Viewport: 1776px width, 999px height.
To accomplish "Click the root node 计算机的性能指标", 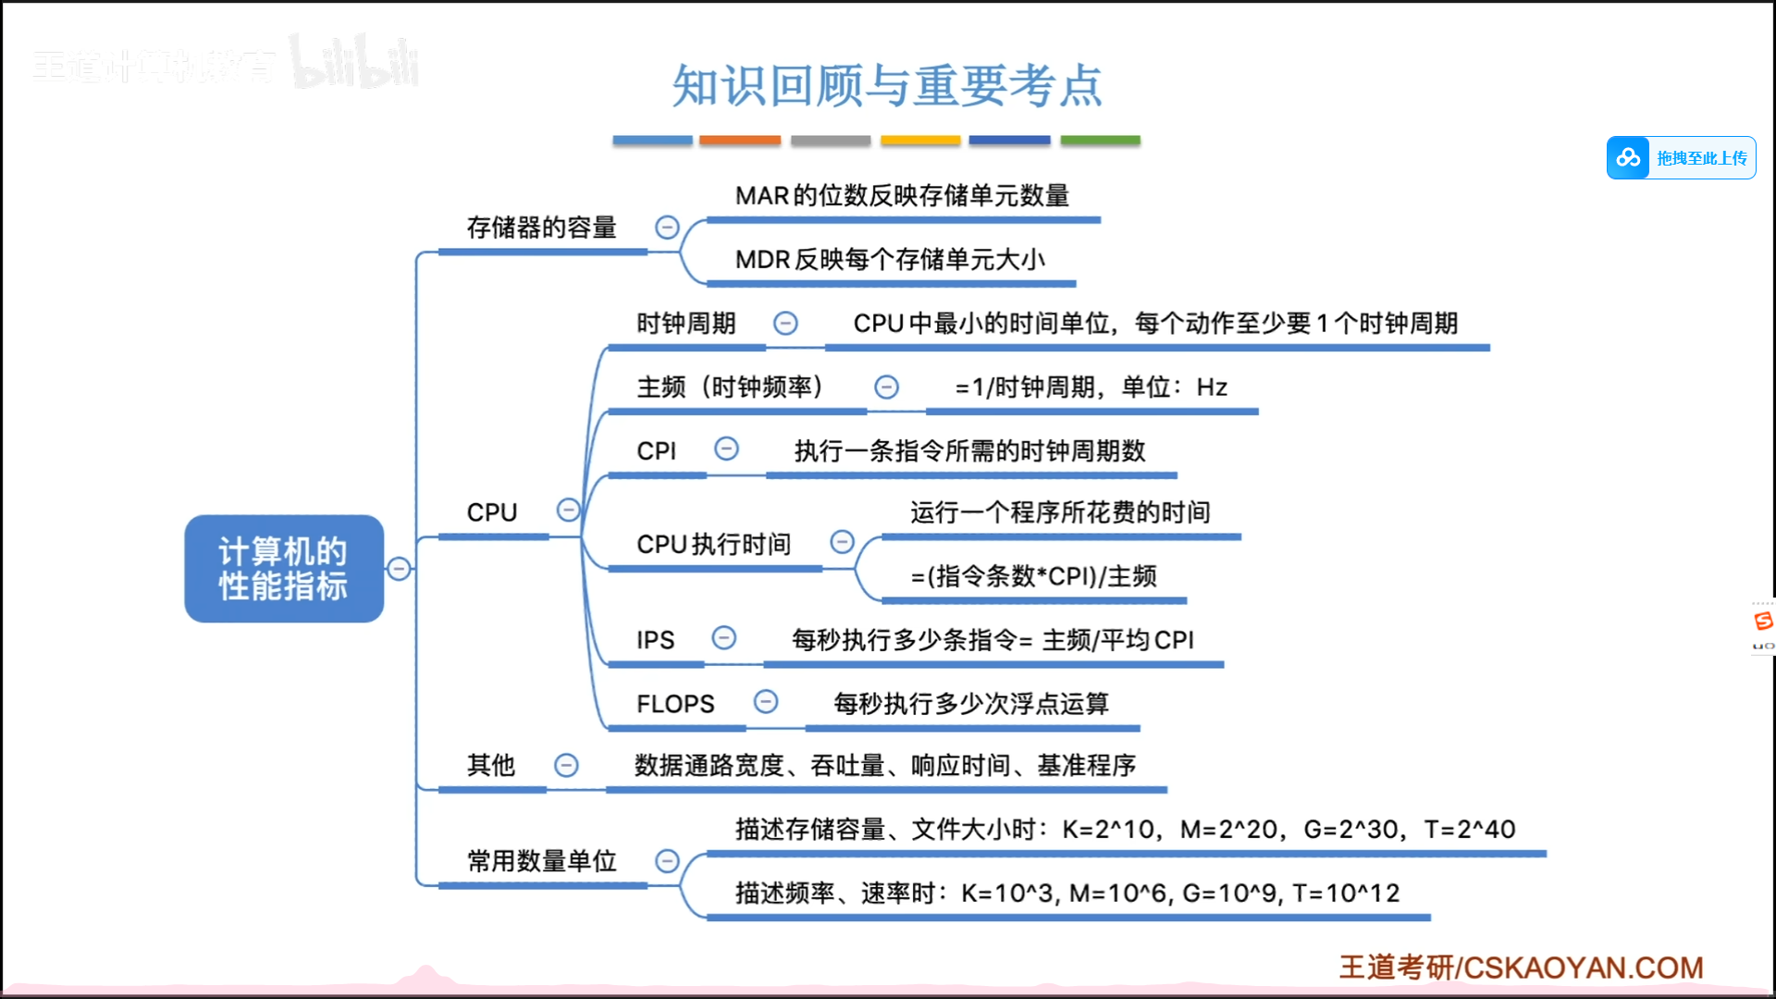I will tap(284, 568).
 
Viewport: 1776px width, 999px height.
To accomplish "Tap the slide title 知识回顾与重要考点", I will tap(886, 86).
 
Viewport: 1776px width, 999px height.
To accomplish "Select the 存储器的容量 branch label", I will tap(541, 228).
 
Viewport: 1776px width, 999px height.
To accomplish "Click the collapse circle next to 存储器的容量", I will tap(667, 228).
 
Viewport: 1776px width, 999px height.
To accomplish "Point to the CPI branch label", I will tap(656, 451).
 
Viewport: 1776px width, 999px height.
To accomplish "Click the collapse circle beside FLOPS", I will tap(766, 702).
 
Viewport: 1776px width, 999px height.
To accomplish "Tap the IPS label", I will tap(655, 640).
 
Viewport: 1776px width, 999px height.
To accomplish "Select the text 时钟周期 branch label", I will tap(685, 324).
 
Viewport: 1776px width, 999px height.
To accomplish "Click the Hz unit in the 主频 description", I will tap(1212, 388).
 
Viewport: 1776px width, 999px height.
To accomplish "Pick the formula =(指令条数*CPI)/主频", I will tap(1033, 576).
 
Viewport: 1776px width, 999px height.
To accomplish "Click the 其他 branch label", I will tap(490, 765).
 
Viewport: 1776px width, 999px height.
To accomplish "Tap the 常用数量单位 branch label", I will tap(541, 861).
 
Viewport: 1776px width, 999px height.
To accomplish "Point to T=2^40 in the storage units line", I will tap(1469, 830).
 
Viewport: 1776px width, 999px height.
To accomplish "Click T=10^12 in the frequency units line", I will tap(1346, 894).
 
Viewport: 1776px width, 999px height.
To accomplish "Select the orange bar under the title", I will tap(740, 141).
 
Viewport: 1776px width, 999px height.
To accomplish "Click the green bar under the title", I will tap(1100, 141).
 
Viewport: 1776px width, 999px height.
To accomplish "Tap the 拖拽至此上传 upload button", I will tap(1681, 158).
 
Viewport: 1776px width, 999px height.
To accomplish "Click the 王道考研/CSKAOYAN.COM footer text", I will tap(1521, 968).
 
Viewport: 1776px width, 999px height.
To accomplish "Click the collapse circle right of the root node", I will tap(399, 569).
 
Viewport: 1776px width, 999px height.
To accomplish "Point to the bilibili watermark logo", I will tap(354, 63).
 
